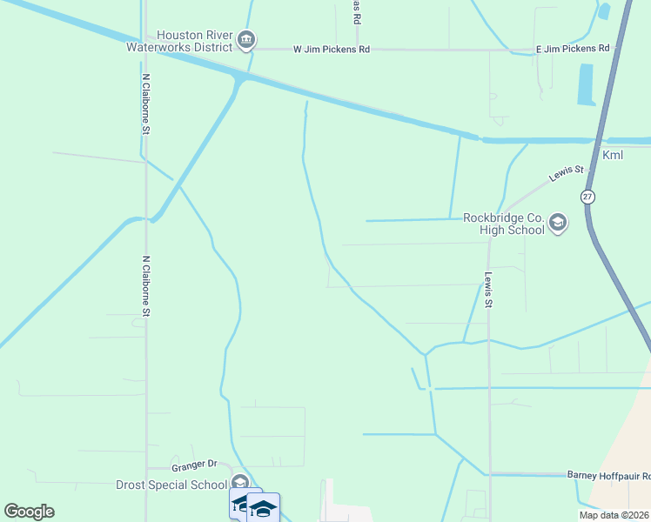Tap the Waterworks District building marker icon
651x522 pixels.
click(246, 40)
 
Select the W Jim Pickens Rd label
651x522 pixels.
click(332, 50)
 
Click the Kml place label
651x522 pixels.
click(613, 155)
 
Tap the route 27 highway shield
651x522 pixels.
click(589, 197)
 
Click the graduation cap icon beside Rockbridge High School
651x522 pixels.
click(558, 224)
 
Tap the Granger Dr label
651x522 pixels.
click(194, 465)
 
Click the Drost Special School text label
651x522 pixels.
click(171, 484)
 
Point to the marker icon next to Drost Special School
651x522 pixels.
click(240, 484)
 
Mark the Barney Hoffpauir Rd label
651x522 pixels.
click(608, 475)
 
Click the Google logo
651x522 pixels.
click(29, 512)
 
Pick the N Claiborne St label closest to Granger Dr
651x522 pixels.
click(146, 286)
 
